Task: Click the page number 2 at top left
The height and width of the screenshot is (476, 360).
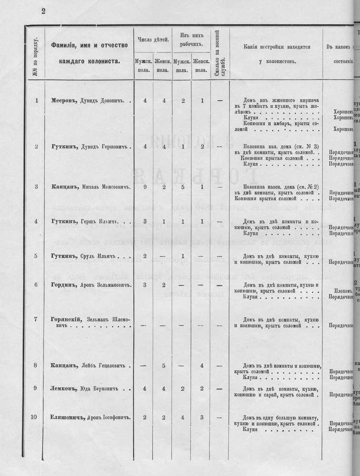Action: pos(43,12)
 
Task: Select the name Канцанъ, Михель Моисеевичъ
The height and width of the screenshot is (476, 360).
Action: pos(90,187)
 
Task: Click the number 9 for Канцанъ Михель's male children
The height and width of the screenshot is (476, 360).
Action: pos(144,187)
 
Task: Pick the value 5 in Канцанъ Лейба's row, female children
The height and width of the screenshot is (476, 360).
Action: pos(163,366)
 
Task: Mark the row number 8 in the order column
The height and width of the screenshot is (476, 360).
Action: pos(36,366)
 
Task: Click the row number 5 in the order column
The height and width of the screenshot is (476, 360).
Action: pos(36,256)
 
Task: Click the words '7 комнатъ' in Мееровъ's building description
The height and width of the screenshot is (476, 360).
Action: pos(257,105)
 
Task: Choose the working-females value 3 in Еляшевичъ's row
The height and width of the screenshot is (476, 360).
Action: pos(202,417)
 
